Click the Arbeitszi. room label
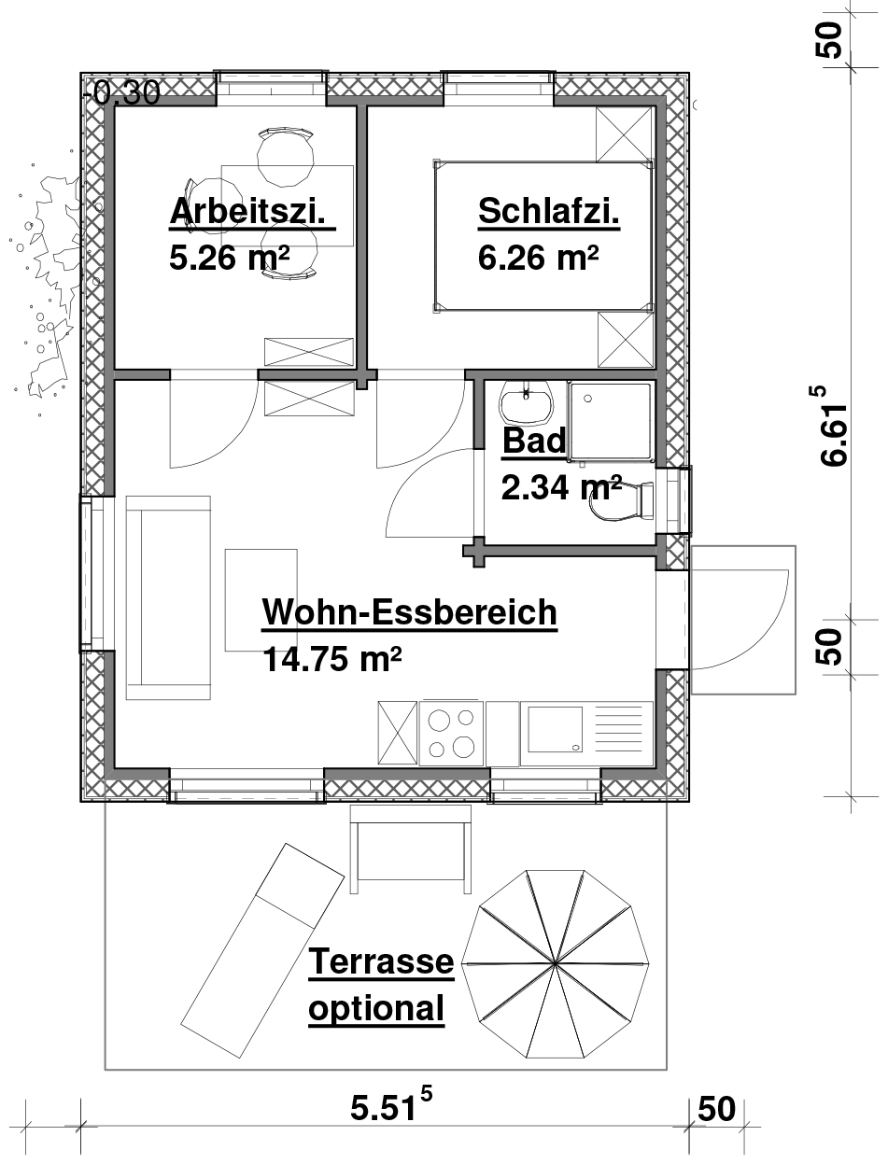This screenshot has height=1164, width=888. coord(247,212)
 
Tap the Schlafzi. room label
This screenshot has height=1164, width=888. coord(549,211)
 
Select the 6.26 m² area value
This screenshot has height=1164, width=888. coord(539,258)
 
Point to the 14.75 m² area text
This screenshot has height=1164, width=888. coord(332,659)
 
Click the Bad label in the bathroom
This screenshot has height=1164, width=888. coord(534,441)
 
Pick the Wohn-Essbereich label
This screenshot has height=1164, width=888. coord(410,612)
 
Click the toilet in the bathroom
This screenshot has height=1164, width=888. coord(622,500)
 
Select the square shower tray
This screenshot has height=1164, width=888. coord(610,421)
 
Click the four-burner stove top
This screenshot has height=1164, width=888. coord(451,734)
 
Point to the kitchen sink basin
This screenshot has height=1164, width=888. coord(555,730)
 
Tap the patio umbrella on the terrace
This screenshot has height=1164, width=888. coord(555,963)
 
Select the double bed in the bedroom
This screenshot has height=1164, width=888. coord(543,236)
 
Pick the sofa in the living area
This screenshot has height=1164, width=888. coord(168,597)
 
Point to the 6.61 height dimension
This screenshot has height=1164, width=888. coord(832,426)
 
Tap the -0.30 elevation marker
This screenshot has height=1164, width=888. coord(122,92)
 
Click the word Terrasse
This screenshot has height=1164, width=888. coord(381,961)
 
